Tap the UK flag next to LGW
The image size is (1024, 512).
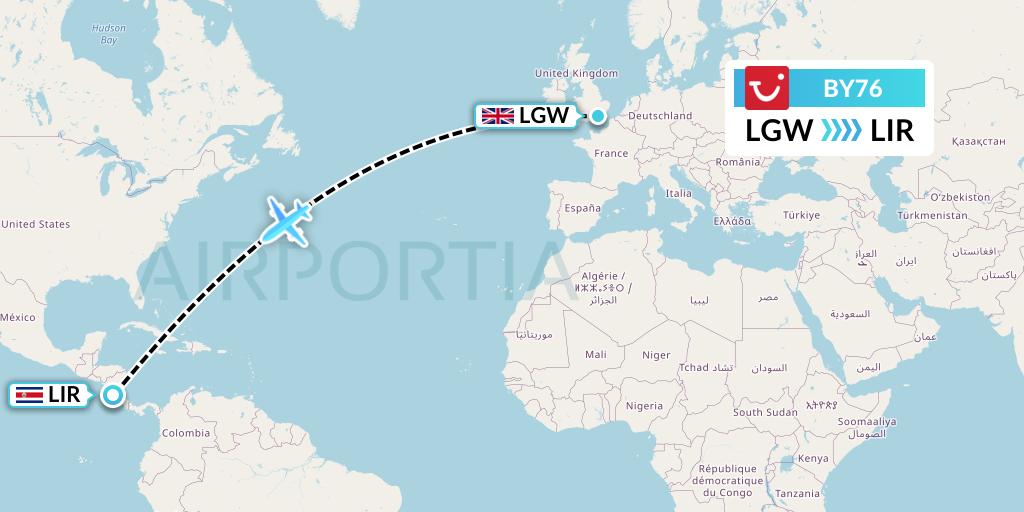497,116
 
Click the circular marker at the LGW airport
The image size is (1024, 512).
597,116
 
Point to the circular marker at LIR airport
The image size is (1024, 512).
112,395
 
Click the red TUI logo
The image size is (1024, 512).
768,87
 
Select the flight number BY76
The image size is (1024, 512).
852,88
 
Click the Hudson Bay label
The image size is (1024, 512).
108,35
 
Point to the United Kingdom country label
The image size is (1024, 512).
577,73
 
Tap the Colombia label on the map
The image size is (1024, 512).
186,433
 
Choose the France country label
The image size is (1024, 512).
611,153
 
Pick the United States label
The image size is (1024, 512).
35,224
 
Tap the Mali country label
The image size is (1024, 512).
596,354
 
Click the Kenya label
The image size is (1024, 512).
813,458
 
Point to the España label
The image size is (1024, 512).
581,208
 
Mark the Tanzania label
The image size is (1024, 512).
797,493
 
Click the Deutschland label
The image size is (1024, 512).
661,116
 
